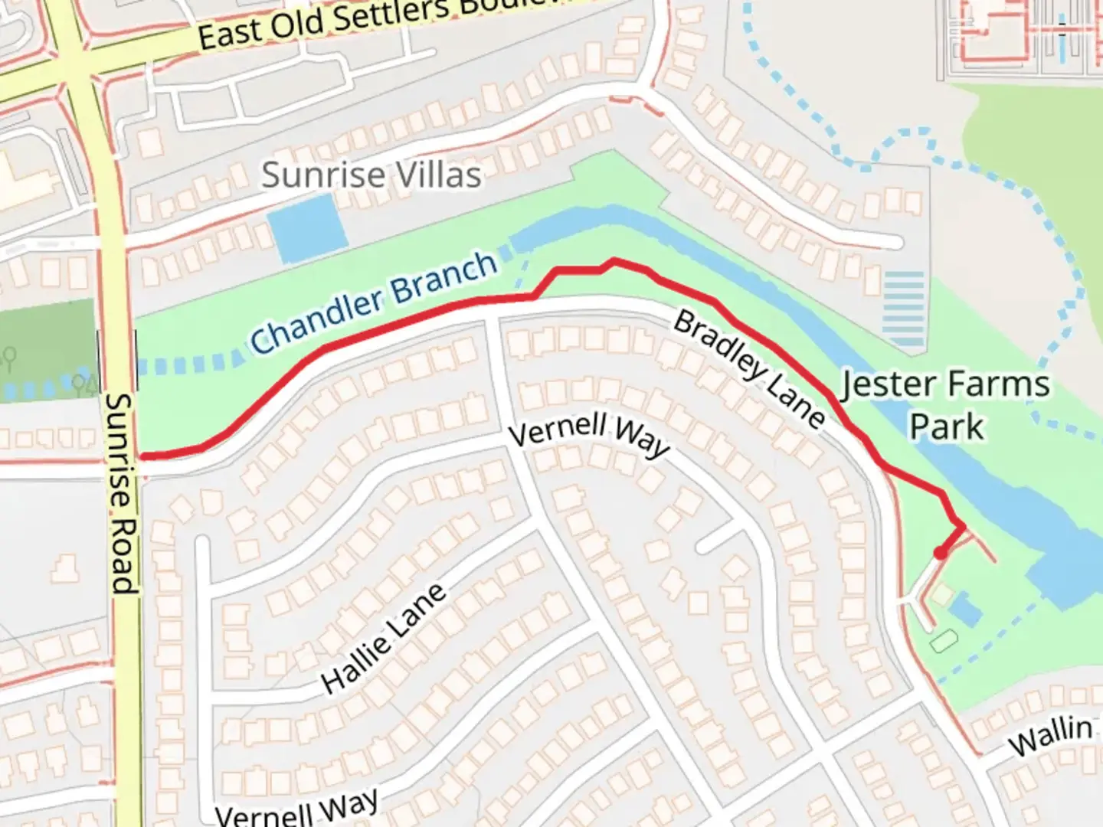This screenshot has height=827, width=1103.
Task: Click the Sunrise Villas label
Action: click(371, 175)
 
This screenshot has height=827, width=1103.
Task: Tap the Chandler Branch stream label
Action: click(374, 302)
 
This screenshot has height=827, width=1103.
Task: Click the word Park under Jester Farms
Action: click(946, 427)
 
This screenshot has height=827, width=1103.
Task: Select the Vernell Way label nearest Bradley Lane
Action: click(588, 435)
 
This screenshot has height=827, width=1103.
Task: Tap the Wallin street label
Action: click(1049, 735)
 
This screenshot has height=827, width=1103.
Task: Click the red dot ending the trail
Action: click(940, 553)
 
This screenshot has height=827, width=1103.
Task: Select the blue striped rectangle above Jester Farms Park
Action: click(904, 309)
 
